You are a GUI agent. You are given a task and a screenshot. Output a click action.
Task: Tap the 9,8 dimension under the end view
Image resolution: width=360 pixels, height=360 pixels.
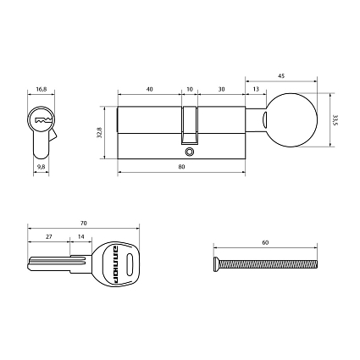point(42,167)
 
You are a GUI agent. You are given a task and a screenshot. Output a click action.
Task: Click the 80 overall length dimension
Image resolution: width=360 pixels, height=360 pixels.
point(182,167)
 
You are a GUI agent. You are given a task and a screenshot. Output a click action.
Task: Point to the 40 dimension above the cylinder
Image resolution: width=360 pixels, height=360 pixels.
point(149,88)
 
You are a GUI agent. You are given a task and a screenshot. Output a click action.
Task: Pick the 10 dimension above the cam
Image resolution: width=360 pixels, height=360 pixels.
point(190,88)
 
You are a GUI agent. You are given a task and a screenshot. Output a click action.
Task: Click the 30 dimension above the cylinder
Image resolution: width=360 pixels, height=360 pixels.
point(220,88)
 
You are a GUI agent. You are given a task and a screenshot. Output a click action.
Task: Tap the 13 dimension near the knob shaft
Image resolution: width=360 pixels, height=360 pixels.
point(256,88)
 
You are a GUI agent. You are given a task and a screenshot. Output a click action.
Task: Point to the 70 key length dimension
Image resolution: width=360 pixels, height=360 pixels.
point(82,224)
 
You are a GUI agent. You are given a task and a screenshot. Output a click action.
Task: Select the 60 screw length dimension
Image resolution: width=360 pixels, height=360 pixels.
point(265,243)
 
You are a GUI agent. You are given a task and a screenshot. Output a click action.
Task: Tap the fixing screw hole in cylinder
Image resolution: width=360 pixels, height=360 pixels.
point(191,153)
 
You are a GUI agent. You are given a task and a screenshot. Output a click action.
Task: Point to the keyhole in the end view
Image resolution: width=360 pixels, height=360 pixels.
point(41,122)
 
